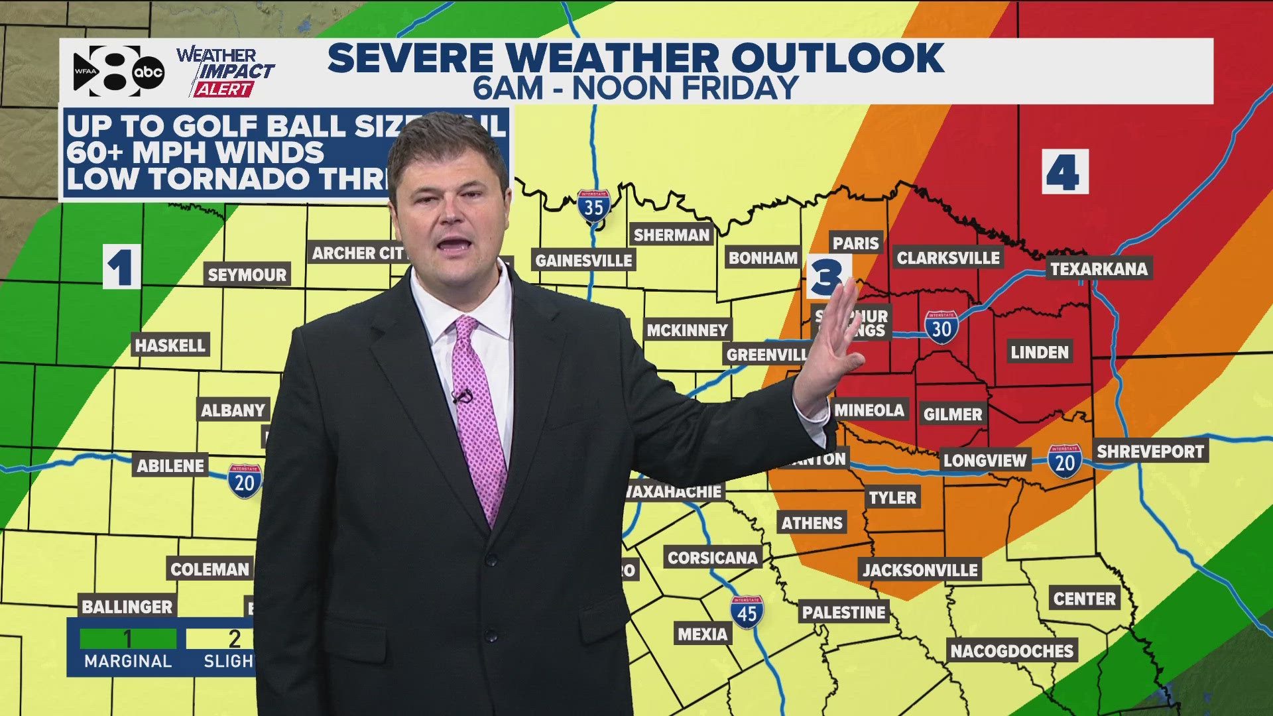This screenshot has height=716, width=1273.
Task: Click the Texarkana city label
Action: click(x=1099, y=268)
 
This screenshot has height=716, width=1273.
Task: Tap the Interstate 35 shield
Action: click(x=593, y=207)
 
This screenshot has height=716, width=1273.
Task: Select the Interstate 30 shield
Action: click(x=941, y=328)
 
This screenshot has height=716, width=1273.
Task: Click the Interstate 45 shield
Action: click(x=747, y=613)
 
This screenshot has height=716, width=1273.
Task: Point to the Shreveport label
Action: click(x=1150, y=451)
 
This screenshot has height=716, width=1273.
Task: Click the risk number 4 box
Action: click(x=1065, y=172)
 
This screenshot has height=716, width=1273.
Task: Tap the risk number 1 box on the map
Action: click(x=121, y=267)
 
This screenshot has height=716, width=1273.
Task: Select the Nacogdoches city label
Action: click(x=1012, y=651)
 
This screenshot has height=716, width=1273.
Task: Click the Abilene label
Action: click(x=170, y=465)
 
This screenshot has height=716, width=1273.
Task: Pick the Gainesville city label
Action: click(x=583, y=261)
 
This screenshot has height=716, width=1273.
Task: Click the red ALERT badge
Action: click(x=223, y=89)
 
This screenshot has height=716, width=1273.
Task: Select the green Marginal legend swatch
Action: click(x=128, y=638)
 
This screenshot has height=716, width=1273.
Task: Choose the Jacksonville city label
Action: click(x=920, y=569)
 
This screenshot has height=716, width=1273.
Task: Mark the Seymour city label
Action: click(x=247, y=274)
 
